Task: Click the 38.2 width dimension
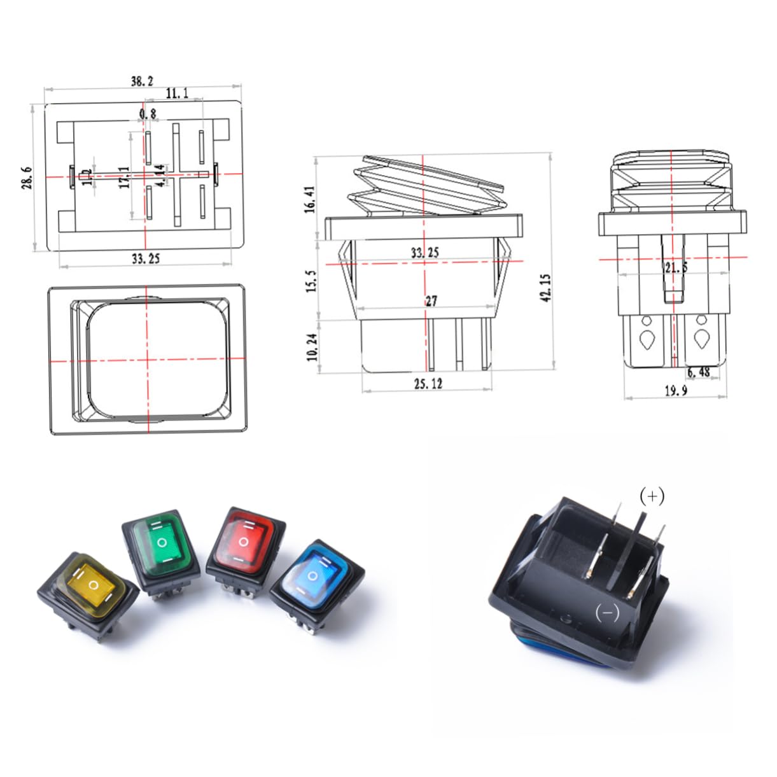point(142,81)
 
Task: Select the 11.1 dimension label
point(177,94)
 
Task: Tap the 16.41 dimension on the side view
point(310,199)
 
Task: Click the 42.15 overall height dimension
point(546,288)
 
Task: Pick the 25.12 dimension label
point(427,383)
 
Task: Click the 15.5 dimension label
point(311,281)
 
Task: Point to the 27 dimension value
point(431,300)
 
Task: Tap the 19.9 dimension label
point(675,390)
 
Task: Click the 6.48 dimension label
point(698,372)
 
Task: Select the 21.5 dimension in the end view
point(675,267)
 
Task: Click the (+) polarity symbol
point(652,496)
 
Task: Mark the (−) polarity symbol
point(606,612)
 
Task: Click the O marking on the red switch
point(243,542)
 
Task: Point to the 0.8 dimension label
point(147,114)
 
